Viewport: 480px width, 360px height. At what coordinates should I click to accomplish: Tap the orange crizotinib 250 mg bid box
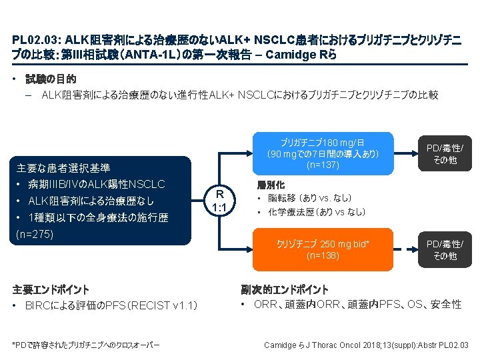click(323, 249)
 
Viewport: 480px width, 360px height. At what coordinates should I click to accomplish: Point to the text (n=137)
click(323, 165)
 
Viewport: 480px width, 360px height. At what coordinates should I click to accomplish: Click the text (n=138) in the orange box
click(323, 255)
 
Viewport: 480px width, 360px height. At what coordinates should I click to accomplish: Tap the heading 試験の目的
click(51, 79)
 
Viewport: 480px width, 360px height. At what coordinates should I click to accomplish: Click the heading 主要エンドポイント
click(51, 289)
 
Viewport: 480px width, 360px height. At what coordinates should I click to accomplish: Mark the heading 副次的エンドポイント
click(285, 289)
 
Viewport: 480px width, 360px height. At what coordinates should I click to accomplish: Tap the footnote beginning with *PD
click(86, 345)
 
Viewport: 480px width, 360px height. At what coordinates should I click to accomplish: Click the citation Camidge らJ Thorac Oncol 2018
click(367, 345)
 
